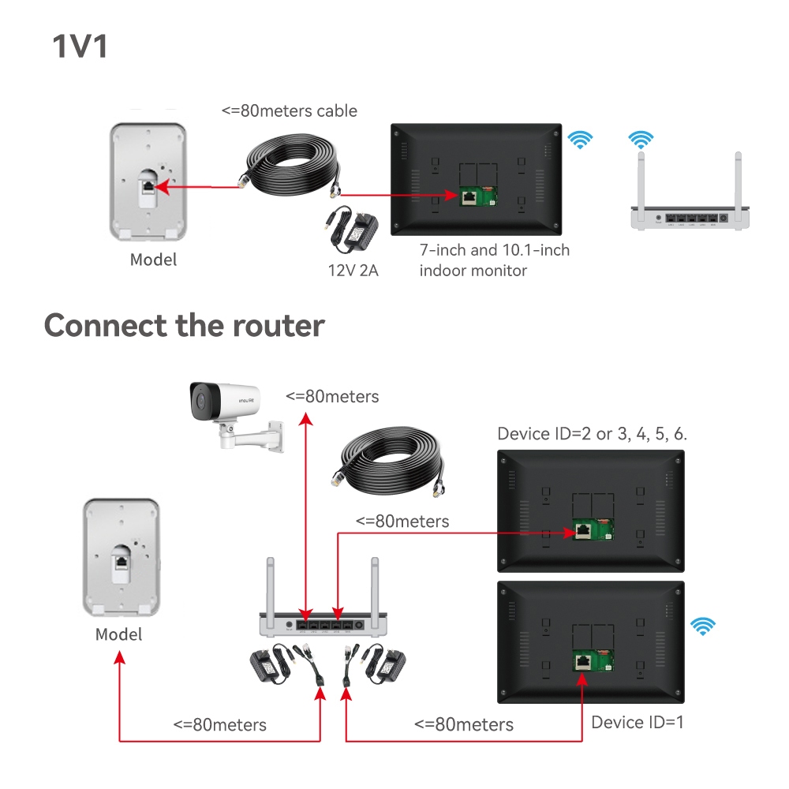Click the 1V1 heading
pyautogui.click(x=80, y=47)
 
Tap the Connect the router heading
pyautogui.click(x=184, y=325)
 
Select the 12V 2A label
pyautogui.click(x=353, y=271)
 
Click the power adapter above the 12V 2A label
pyautogui.click(x=353, y=225)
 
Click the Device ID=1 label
pyautogui.click(x=638, y=722)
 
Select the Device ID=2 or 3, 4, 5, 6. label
pyautogui.click(x=593, y=434)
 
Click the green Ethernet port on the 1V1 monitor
pyautogui.click(x=468, y=196)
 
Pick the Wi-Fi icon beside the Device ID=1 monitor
pyautogui.click(x=702, y=626)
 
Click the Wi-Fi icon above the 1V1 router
pyautogui.click(x=641, y=140)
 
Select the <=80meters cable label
pyautogui.click(x=289, y=110)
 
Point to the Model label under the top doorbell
pyautogui.click(x=153, y=260)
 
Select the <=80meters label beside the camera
pyautogui.click(x=331, y=396)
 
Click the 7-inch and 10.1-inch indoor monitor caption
pyautogui.click(x=495, y=260)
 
